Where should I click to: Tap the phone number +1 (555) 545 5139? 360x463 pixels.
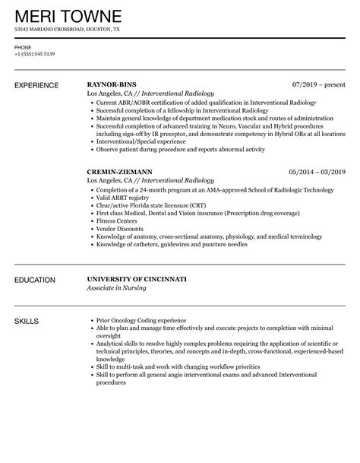coord(33,54)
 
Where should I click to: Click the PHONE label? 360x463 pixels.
coord(23,47)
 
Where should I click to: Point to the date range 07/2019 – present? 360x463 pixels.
coord(318,84)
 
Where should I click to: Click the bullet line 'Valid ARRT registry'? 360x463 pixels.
coord(122,197)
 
